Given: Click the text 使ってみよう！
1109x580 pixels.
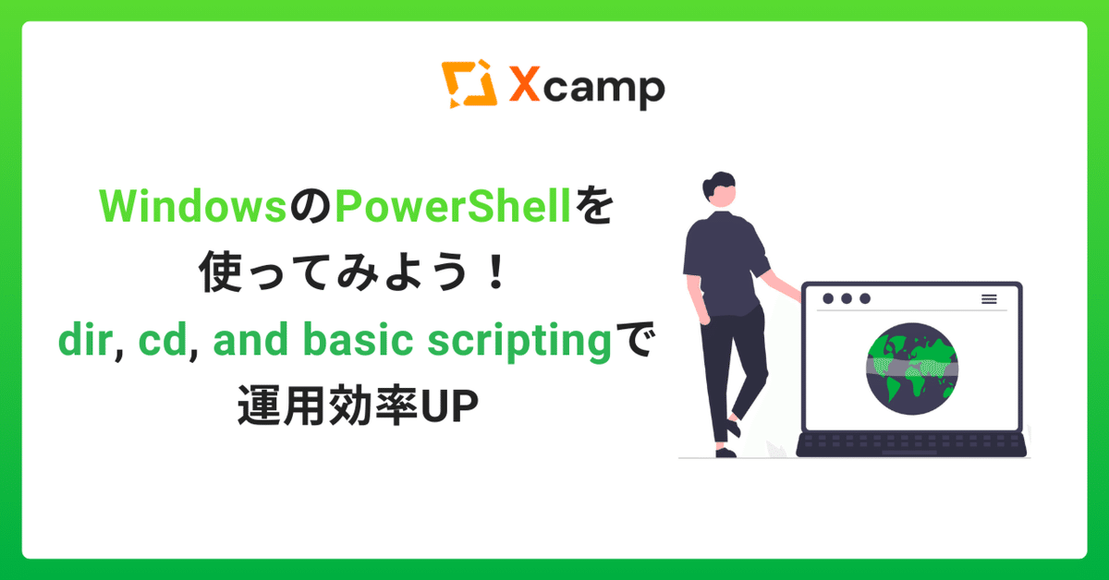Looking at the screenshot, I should pyautogui.click(x=354, y=277).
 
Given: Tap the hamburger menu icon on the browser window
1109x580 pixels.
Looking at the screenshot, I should pyautogui.click(x=989, y=299).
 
